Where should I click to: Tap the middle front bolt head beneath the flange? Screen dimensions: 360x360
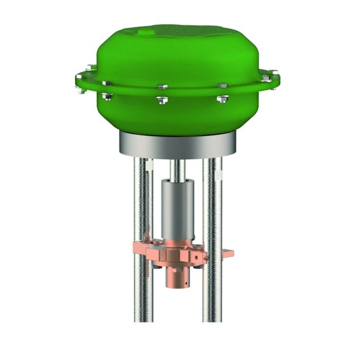click(162, 100)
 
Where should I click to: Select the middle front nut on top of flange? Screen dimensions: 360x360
click(162, 86)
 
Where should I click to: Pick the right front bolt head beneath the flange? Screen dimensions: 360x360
click(222, 98)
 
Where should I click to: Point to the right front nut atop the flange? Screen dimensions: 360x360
click(222, 85)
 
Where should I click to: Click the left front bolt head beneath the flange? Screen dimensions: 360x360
click(106, 96)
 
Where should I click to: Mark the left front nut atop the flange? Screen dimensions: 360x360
click(106, 83)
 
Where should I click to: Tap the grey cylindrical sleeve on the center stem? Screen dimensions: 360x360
click(177, 206)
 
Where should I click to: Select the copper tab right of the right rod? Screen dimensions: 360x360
click(228, 253)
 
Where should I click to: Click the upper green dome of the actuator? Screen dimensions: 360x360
click(177, 51)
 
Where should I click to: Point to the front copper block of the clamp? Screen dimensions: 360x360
click(170, 255)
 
